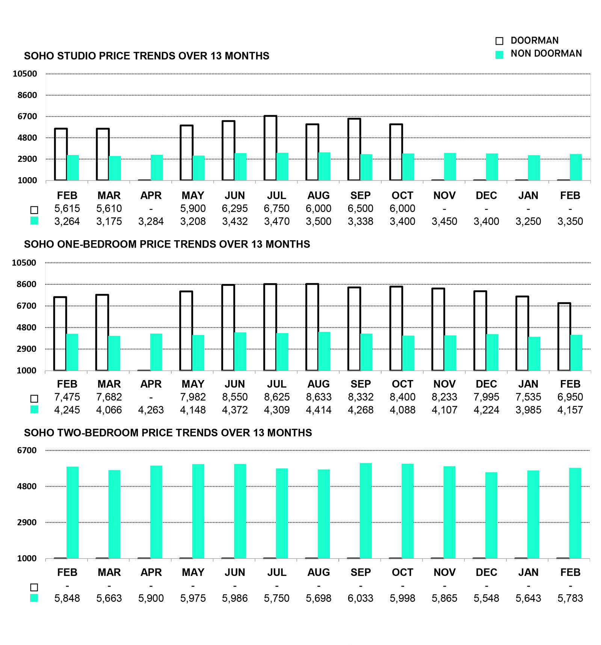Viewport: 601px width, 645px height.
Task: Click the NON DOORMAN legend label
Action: pos(546,54)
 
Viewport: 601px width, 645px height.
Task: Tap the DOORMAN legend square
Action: pos(499,41)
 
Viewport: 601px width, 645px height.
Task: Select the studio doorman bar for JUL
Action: pos(270,148)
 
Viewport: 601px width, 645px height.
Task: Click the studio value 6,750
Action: pos(276,209)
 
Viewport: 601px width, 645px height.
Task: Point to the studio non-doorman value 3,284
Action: pos(151,222)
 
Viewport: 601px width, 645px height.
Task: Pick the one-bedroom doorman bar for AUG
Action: pos(312,327)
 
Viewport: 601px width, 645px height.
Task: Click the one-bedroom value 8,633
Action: pos(319,397)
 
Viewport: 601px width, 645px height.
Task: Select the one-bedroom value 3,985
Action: pos(528,410)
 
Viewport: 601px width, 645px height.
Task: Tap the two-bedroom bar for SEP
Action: pos(365,511)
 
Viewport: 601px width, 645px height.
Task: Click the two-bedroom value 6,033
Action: pos(361,598)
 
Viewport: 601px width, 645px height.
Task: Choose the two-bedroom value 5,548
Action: pos(486,598)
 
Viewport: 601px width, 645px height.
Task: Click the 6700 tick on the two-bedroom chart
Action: pos(27,450)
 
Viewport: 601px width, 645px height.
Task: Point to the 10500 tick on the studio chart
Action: pos(25,74)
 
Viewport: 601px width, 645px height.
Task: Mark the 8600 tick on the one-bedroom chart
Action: pos(27,284)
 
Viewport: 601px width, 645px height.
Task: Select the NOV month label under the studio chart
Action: pos(444,195)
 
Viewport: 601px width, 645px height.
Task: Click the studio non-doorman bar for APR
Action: pos(157,167)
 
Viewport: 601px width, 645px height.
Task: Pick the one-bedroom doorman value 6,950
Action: pos(570,397)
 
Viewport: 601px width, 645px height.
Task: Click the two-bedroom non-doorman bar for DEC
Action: pos(491,515)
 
